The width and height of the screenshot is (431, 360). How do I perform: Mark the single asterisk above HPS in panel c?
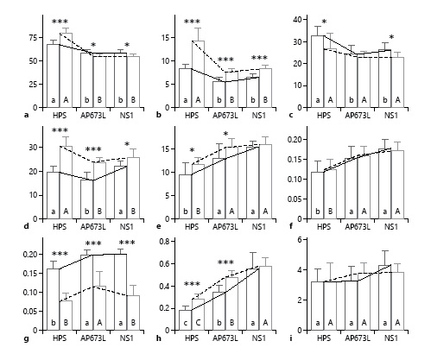click(324, 22)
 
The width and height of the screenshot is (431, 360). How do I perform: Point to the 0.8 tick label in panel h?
click(165, 245)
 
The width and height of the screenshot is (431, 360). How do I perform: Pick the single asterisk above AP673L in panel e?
click(225, 135)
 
